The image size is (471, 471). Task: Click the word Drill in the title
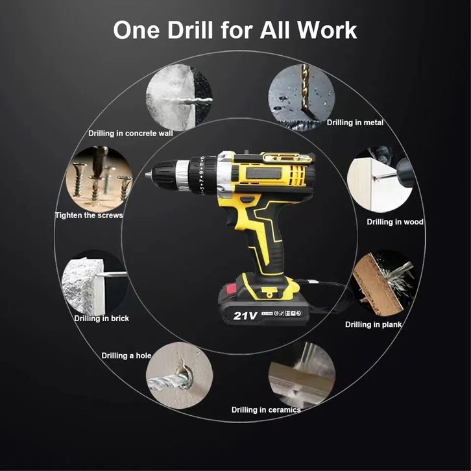190,30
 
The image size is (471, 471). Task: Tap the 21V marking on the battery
245,316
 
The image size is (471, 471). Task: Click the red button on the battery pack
232,289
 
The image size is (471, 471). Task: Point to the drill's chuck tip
147,175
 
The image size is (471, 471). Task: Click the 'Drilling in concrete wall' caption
130,134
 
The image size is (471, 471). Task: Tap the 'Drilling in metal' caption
355,123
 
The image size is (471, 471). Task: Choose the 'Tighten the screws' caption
89,215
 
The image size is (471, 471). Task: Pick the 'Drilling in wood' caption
395,222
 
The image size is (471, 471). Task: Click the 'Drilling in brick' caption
101,319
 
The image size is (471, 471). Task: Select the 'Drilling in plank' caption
373,325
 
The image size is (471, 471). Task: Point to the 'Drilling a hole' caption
126,356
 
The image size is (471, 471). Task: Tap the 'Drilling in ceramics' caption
266,410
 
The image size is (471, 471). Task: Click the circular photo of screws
99,179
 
